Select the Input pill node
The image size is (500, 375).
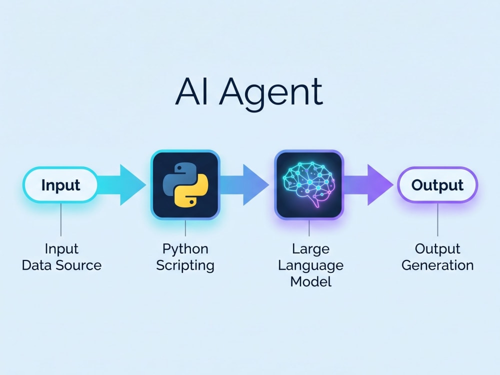pos(60,184)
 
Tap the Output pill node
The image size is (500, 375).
pos(437,184)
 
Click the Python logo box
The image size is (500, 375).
pos(185,184)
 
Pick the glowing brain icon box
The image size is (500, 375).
pos(309,184)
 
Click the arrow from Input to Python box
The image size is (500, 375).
pos(121,184)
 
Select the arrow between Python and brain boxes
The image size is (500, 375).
pos(244,184)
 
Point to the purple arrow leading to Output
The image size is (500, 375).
pos(369,184)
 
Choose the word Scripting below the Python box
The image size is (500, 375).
pos(185,266)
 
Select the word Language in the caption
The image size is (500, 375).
pos(311,266)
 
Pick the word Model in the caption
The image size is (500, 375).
pos(311,282)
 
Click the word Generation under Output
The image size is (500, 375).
pos(437,265)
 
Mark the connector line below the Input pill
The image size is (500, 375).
pos(61,219)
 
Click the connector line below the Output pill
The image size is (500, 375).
pos(437,219)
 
